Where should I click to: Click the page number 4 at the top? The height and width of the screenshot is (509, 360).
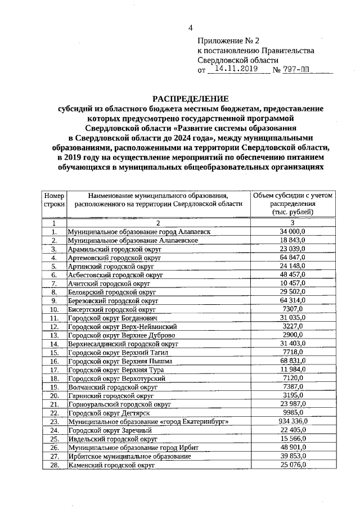pyautogui.click(x=191, y=28)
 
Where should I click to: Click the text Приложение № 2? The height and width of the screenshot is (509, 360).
pyautogui.click(x=229, y=41)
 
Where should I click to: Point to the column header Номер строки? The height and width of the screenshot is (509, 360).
pyautogui.click(x=54, y=200)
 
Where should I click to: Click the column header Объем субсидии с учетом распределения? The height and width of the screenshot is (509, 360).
pyautogui.click(x=292, y=204)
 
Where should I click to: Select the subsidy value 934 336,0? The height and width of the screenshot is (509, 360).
pyautogui.click(x=292, y=421)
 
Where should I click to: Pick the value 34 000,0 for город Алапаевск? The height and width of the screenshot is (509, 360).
pyautogui.click(x=292, y=231)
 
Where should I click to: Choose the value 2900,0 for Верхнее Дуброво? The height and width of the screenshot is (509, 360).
pyautogui.click(x=292, y=335)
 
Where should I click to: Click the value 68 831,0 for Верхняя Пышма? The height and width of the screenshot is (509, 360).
pyautogui.click(x=292, y=361)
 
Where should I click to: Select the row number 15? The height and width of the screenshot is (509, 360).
pyautogui.click(x=55, y=352)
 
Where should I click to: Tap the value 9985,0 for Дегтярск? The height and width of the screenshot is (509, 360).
pyautogui.click(x=292, y=412)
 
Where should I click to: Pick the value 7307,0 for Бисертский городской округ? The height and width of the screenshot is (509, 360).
pyautogui.click(x=292, y=309)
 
